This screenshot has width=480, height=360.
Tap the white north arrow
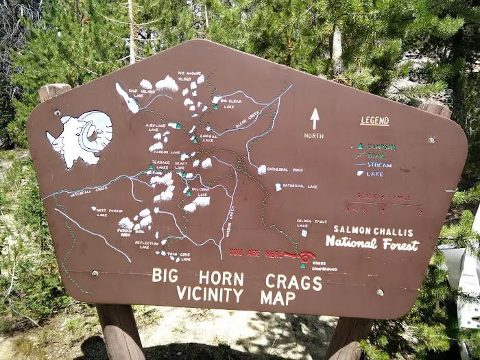pyautogui.click(x=315, y=119)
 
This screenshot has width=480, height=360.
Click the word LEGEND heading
pyautogui.click(x=374, y=121)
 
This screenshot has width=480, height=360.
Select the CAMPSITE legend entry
pyautogui.click(x=381, y=146)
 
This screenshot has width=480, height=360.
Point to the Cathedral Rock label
pyautogui.click(x=286, y=169)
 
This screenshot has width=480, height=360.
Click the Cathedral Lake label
pyautogui.click(x=301, y=186)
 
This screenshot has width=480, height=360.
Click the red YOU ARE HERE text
pyautogui.click(x=255, y=253)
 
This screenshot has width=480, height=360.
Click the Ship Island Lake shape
pyautogui.click(x=128, y=99)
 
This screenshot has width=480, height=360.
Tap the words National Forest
pyautogui.click(x=372, y=243)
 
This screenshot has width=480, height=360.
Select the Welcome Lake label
pyautogui.click(x=200, y=189)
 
